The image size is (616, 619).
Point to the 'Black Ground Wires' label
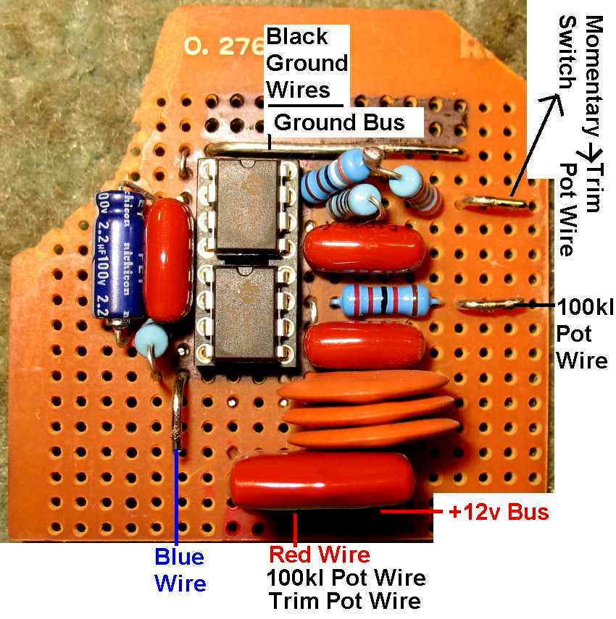(307, 63)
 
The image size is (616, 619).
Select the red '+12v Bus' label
(498, 513)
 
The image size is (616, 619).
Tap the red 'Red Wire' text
(320, 555)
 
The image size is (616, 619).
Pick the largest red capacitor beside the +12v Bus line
(322, 481)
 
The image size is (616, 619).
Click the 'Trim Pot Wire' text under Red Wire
(344, 601)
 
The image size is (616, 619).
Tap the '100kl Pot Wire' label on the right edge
(583, 334)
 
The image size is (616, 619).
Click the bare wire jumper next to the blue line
(178, 413)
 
